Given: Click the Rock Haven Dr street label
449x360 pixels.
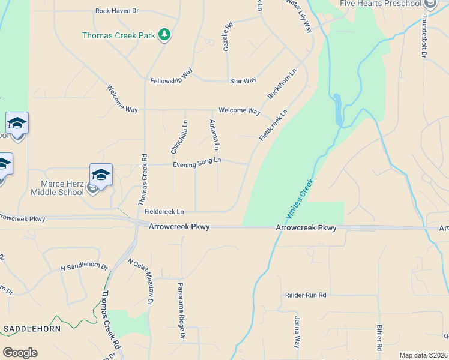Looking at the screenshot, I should pyautogui.click(x=117, y=11).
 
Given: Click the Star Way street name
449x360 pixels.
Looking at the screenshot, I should pyautogui.click(x=243, y=80).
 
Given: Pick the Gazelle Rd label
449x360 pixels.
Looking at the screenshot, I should pyautogui.click(x=228, y=37).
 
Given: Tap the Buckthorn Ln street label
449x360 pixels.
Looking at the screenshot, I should pyautogui.click(x=282, y=84).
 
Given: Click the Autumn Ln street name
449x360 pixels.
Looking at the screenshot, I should pyautogui.click(x=214, y=135).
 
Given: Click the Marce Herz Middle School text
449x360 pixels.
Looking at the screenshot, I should pyautogui.click(x=62, y=188).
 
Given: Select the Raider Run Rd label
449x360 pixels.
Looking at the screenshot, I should pyautogui.click(x=305, y=295).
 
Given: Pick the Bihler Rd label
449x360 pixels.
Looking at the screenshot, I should pyautogui.click(x=379, y=338).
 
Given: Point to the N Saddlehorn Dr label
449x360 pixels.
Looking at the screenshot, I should pyautogui.click(x=84, y=267).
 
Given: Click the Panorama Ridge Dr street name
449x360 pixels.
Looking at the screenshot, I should pyautogui.click(x=181, y=311).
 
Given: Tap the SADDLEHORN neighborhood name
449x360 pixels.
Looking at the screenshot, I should pyautogui.click(x=28, y=329).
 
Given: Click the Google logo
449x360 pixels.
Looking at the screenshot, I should pyautogui.click(x=20, y=353).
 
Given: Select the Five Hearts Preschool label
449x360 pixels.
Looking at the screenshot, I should pyautogui.click(x=380, y=4).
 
